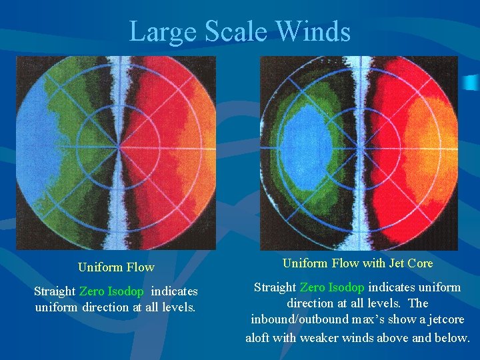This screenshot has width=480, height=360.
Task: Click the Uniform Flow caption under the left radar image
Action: click(x=116, y=267)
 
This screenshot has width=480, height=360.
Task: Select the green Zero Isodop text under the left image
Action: click(x=111, y=291)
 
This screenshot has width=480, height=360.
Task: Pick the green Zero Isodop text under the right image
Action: click(x=332, y=287)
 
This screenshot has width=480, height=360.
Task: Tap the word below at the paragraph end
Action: click(x=454, y=337)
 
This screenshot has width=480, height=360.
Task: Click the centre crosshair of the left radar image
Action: click(x=118, y=146)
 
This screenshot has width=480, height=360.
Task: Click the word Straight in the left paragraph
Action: click(x=55, y=291)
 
